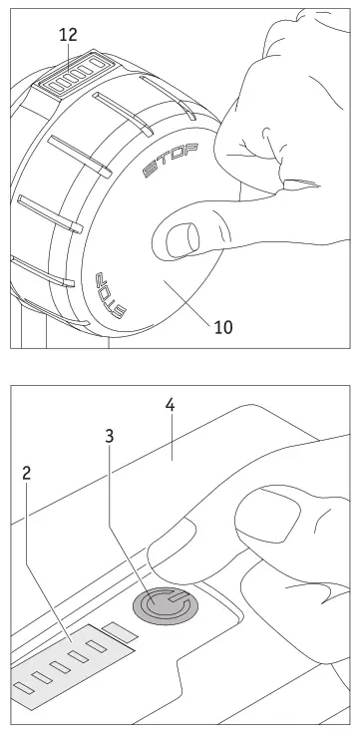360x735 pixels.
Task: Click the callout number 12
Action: [68, 33]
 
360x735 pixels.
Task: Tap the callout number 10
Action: [224, 326]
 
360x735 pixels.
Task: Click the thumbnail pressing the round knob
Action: [181, 239]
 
